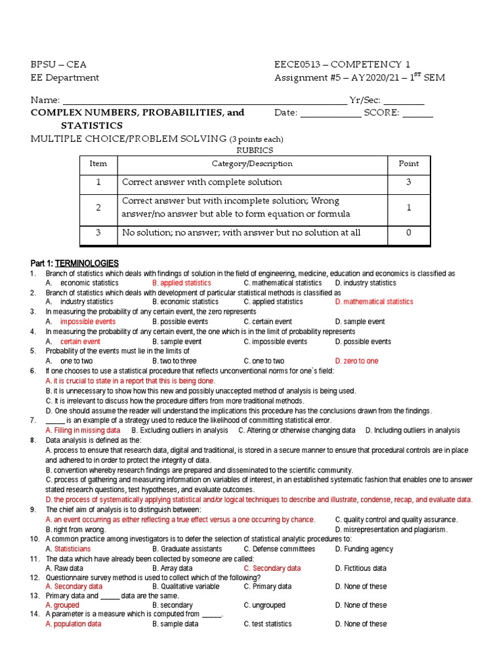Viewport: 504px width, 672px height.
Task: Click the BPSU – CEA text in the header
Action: pos(58,64)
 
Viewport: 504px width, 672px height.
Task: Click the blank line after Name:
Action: pos(203,101)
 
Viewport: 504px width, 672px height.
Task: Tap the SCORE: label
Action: pos(382,113)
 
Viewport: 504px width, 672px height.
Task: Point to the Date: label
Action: pos(285,113)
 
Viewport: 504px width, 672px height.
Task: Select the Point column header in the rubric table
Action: pos(408,164)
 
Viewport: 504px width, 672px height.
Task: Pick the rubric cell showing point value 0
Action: pos(408,233)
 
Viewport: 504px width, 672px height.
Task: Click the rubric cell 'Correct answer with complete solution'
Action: pos(201,182)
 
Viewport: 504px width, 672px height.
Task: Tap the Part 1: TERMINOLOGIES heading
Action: pos(74,262)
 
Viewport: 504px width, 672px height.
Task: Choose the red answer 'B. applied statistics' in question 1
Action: pos(182,283)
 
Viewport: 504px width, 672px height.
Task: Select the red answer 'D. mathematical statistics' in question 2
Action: pos(374,302)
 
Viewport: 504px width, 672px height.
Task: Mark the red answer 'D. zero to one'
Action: pos(356,361)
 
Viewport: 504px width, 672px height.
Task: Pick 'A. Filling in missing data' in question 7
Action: pos(83,430)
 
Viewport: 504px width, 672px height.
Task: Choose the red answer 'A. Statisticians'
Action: pos(68,549)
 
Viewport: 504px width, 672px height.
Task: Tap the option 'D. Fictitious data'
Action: pos(360,568)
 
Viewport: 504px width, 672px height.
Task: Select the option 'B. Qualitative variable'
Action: pos(186,587)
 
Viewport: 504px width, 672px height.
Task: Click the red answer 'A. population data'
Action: pos(73,624)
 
